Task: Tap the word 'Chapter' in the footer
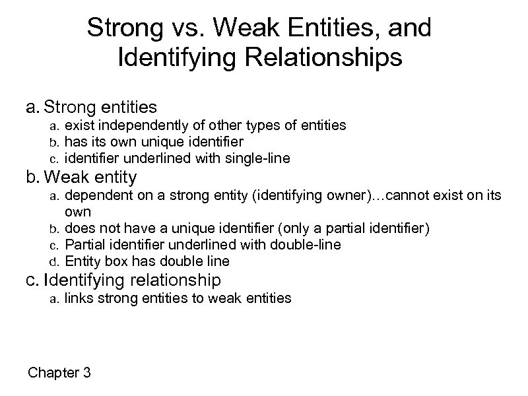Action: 52,373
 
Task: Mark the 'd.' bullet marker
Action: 55,261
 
